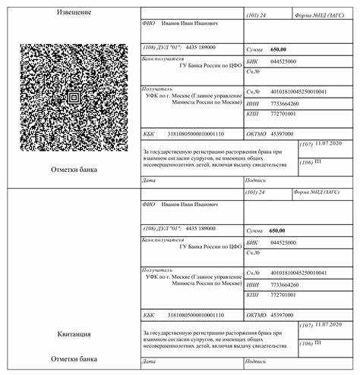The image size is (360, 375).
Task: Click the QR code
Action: (74, 97)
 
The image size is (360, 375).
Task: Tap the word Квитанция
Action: (74, 333)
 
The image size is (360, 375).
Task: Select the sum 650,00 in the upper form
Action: (278, 49)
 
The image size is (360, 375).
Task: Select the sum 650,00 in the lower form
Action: (278, 230)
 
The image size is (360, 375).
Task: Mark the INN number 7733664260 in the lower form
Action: (285, 283)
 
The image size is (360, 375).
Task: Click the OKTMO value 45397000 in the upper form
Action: (283, 133)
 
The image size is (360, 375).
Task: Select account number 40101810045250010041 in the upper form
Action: (298, 91)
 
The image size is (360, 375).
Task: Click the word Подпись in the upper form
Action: (254, 181)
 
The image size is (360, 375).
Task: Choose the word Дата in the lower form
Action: (149, 361)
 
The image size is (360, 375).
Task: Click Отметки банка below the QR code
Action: (74, 170)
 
